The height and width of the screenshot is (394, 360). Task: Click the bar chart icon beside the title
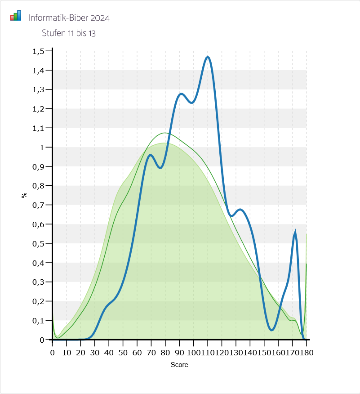16,16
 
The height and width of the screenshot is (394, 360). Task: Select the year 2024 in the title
100,18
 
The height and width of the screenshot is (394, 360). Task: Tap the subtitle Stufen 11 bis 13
69,33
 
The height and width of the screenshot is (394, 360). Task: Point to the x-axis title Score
179,365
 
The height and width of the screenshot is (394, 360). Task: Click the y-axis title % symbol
24,195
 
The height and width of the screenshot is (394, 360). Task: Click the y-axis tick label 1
42,148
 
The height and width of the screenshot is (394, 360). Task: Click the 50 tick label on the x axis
123,352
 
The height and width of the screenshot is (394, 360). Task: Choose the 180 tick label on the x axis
306,352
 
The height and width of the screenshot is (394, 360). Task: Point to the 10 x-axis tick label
67,352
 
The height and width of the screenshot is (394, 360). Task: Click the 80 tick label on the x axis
165,352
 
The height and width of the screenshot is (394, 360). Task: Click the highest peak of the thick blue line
208,57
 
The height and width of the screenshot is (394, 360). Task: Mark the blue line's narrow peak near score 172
295,233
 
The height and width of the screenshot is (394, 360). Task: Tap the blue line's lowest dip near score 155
272,330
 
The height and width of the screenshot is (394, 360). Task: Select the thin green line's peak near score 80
165,133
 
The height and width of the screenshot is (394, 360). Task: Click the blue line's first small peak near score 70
151,155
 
